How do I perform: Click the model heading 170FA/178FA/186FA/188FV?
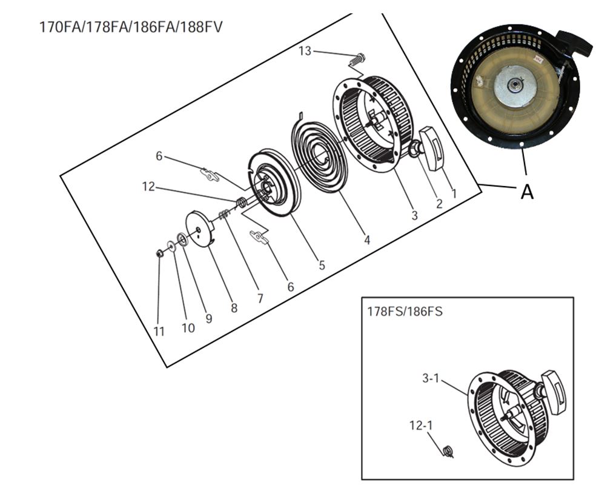pyautogui.click(x=134, y=27)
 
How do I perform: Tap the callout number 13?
pyautogui.click(x=305, y=51)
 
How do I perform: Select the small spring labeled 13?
pyautogui.click(x=358, y=59)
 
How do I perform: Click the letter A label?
pyautogui.click(x=527, y=192)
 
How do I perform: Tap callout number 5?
pyautogui.click(x=322, y=265)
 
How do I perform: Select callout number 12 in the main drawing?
pyautogui.click(x=149, y=187)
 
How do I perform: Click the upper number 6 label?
pyautogui.click(x=159, y=156)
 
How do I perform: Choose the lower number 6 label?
pyautogui.click(x=290, y=287)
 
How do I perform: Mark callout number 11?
pyautogui.click(x=159, y=331)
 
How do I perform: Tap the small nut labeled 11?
pyautogui.click(x=160, y=253)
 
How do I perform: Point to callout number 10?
pyautogui.click(x=188, y=327)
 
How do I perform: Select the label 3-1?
pyautogui.click(x=430, y=378)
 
